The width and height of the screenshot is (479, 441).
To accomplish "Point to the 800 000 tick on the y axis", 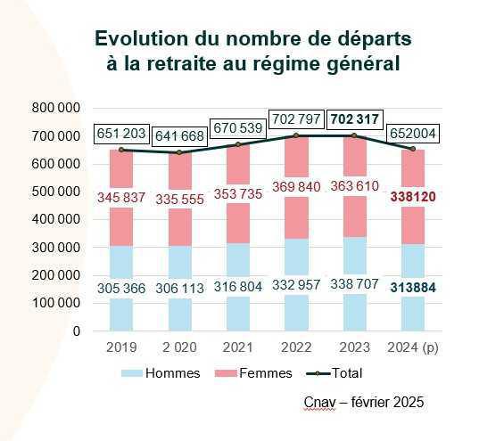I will click(55, 108).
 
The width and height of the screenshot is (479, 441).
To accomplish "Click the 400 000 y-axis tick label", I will click(55, 219).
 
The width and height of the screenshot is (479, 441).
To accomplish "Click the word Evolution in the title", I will click(144, 39).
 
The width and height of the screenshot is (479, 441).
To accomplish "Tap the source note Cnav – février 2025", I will click(364, 403).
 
